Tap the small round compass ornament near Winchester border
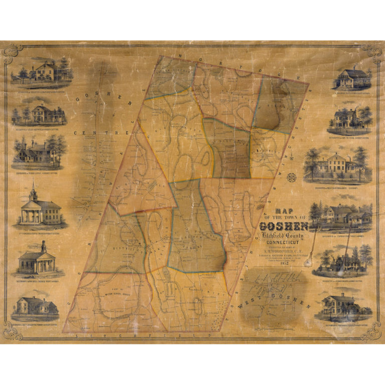point(294,176)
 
